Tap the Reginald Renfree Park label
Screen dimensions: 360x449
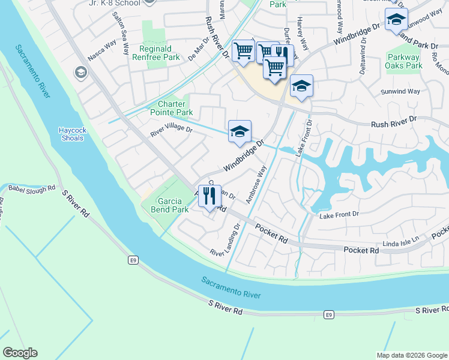pyautogui.click(x=159, y=53)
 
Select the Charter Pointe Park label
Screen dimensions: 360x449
pyautogui.click(x=175, y=108)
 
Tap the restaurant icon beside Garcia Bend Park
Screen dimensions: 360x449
pyautogui.click(x=208, y=196)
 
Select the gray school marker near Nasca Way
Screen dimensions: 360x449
pyautogui.click(x=80, y=73)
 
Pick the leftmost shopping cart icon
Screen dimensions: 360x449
pyautogui.click(x=243, y=51)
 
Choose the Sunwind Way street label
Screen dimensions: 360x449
pyautogui.click(x=400, y=92)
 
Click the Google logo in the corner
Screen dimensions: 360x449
pyautogui.click(x=20, y=353)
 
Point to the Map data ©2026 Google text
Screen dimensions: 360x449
pyautogui.click(x=411, y=355)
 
